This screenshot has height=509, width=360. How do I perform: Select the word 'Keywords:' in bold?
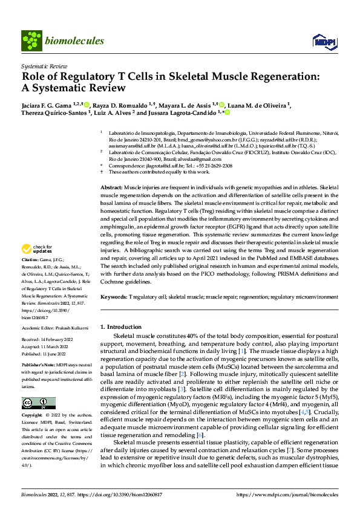point(114,297)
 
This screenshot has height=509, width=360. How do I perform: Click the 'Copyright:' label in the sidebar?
point(32,415)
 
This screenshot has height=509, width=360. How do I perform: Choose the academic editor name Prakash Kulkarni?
point(73,328)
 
